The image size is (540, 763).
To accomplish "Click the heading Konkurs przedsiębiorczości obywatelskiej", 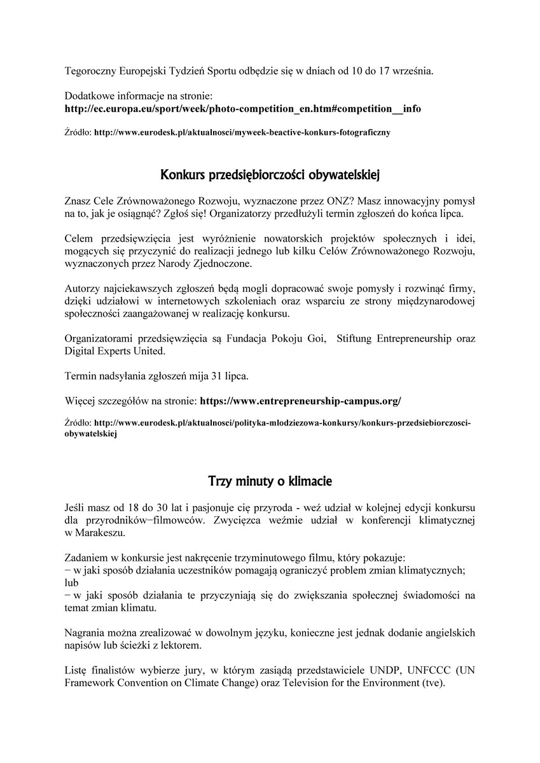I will pos(270,174).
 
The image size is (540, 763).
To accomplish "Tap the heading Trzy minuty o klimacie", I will pos(270,482).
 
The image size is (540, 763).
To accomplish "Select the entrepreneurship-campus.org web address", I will pos(300,401).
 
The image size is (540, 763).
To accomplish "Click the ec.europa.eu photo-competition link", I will pos(242,108).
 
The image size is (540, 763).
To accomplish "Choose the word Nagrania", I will pos(85,633).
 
